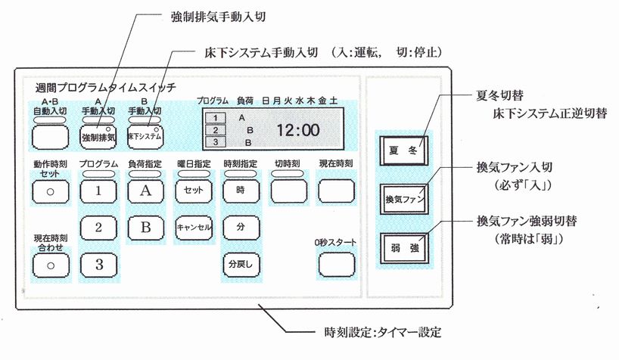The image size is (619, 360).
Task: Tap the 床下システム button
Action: coord(145,137)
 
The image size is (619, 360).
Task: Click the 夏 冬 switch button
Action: coord(403,149)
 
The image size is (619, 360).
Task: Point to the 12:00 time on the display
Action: coord(297,130)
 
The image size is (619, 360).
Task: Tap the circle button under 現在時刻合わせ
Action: coord(50,265)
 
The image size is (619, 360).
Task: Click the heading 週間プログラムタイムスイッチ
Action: coord(105,87)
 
